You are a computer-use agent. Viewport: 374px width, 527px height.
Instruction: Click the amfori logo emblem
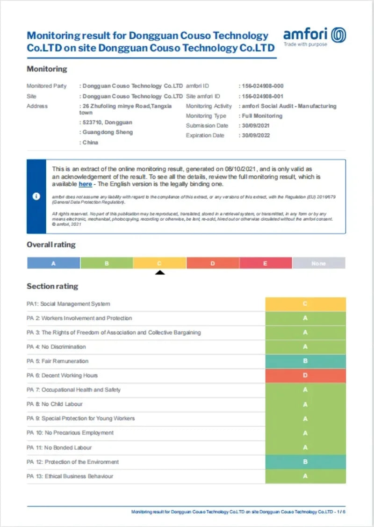(x=338, y=35)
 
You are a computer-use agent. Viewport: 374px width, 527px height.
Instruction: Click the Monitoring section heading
(x=47, y=69)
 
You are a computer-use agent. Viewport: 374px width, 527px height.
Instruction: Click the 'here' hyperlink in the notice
(x=85, y=184)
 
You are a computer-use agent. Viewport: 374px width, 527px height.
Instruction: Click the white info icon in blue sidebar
(x=36, y=196)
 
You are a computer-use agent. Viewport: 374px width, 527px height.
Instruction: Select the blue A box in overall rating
(x=53, y=263)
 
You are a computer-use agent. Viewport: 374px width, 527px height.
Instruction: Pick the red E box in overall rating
(x=265, y=263)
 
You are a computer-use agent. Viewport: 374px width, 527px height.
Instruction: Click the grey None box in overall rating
(x=318, y=263)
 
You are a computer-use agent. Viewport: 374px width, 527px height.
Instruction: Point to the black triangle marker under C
(x=160, y=272)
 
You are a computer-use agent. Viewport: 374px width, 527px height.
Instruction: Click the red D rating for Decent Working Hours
(x=305, y=375)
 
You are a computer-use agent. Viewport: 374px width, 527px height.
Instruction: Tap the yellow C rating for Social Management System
(x=305, y=304)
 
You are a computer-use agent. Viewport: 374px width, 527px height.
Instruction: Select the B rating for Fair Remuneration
(x=305, y=361)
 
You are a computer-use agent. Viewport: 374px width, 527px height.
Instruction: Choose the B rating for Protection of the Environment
(x=305, y=462)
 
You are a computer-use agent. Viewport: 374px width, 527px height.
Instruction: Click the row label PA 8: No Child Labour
(x=55, y=404)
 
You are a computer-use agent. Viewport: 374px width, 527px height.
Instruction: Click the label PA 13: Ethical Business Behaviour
(x=70, y=476)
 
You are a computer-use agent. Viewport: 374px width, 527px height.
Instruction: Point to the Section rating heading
(x=52, y=286)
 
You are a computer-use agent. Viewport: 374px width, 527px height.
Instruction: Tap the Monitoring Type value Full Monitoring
(x=262, y=116)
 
